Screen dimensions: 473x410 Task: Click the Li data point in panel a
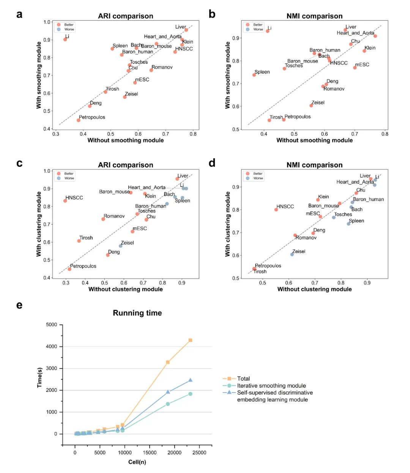click(x=65, y=40)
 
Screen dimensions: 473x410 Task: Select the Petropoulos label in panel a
click(x=92, y=117)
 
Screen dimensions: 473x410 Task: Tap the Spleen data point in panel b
click(x=254, y=75)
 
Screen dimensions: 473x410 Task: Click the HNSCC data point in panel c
click(x=65, y=201)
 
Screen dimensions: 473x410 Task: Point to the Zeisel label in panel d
click(x=299, y=251)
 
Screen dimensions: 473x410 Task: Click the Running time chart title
click(x=137, y=313)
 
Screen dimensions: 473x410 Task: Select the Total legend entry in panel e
click(x=243, y=378)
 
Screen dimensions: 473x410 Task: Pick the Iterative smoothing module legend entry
click(x=271, y=386)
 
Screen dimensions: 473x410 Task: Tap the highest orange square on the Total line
click(x=190, y=340)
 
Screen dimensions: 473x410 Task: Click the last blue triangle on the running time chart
click(x=190, y=380)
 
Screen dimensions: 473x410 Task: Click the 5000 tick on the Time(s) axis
click(x=51, y=325)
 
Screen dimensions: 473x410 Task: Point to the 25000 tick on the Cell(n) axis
click(x=199, y=452)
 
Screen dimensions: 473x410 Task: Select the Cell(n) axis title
click(x=137, y=462)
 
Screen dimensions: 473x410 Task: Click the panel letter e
click(x=19, y=305)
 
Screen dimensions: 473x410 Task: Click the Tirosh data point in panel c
click(x=79, y=241)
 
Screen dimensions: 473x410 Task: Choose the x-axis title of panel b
click(x=314, y=140)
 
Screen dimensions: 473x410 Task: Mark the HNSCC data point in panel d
click(x=276, y=210)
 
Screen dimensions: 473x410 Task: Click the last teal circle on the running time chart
click(x=190, y=394)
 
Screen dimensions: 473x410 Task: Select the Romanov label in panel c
click(x=114, y=216)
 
